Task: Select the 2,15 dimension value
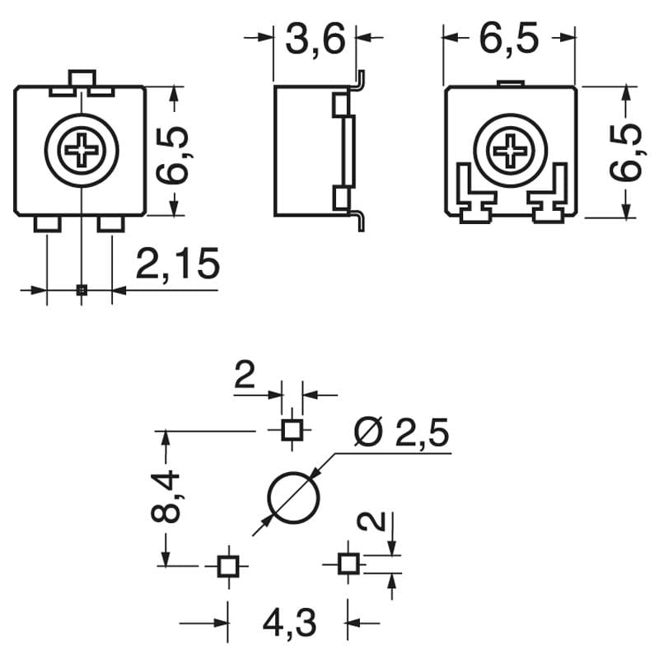(178, 265)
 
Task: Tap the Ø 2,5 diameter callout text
(400, 432)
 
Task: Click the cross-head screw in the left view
(82, 151)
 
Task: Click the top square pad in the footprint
(291, 429)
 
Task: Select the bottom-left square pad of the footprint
(227, 565)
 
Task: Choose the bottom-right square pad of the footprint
(348, 564)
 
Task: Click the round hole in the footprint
(292, 498)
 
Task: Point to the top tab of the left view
(81, 78)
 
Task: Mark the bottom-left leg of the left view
(47, 224)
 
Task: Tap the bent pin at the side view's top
(359, 79)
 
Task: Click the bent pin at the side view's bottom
(359, 221)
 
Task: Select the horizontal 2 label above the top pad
(245, 377)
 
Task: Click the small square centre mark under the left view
(81, 289)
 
